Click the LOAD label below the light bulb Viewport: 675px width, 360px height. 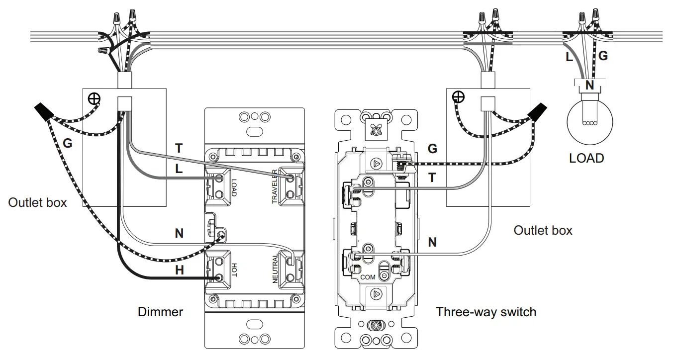point(586,159)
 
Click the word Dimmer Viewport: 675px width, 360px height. point(160,312)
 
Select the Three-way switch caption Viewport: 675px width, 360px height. point(486,312)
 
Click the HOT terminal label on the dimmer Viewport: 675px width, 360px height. point(234,270)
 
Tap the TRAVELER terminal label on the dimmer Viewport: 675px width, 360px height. point(274,186)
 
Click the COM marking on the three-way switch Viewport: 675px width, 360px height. point(368,276)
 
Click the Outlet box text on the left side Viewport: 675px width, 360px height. point(37,203)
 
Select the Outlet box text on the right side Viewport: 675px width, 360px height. point(543,231)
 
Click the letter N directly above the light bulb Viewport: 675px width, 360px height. point(589,86)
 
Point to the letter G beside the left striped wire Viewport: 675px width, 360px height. point(68,144)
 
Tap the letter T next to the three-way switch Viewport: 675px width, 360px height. point(432,178)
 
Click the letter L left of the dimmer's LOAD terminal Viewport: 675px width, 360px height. point(179,169)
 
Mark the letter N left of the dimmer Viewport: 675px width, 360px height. point(179,233)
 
